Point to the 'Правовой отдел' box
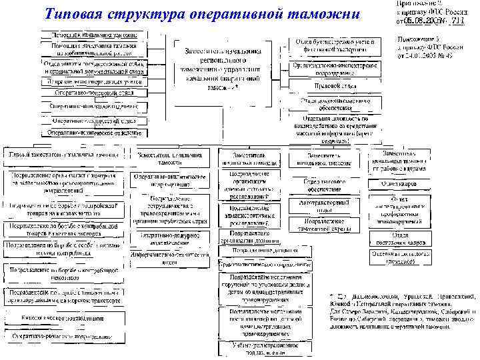click(x=334, y=85)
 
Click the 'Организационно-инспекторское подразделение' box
click(x=334, y=69)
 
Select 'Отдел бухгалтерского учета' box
click(x=334, y=45)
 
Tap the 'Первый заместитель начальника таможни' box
click(x=63, y=154)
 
